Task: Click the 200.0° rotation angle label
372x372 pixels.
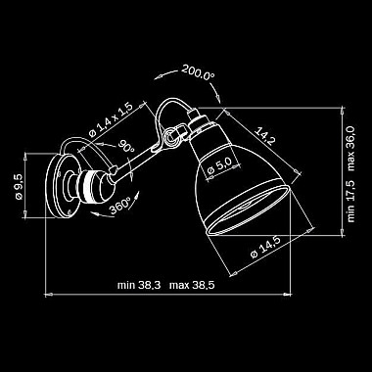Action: [198, 73]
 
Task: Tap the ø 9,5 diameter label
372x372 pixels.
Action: [19, 186]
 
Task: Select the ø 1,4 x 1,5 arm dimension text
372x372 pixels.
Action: [111, 119]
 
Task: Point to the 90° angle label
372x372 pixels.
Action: [126, 146]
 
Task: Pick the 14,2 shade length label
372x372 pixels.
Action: [264, 136]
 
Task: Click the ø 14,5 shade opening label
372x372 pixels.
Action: [265, 247]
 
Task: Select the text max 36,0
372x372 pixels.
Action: [351, 148]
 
